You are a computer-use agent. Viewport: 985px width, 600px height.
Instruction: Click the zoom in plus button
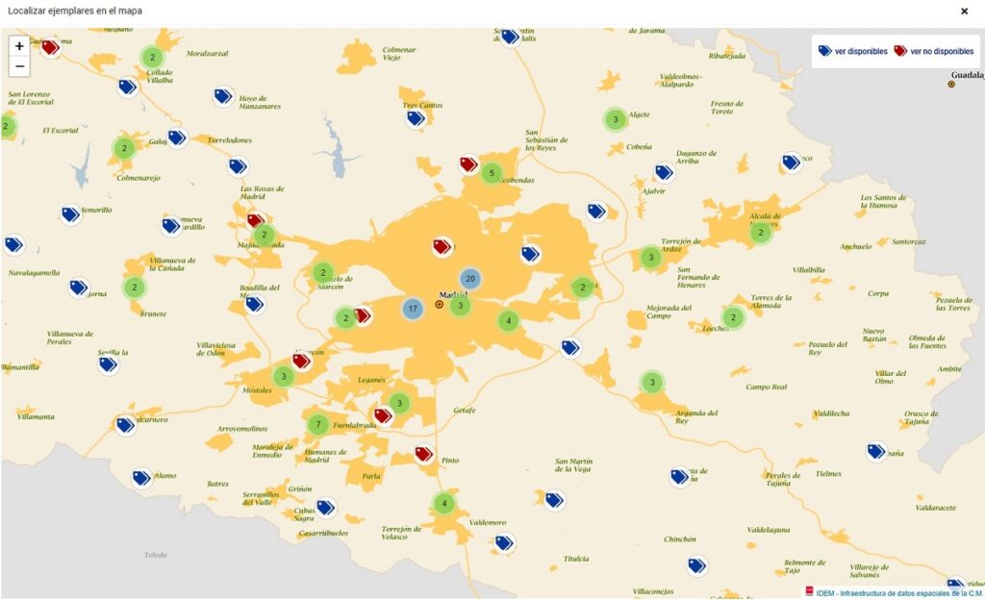pyautogui.click(x=19, y=45)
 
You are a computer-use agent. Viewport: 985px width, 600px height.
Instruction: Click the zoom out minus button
pyautogui.click(x=19, y=66)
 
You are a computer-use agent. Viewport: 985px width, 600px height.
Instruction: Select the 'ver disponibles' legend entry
pyautogui.click(x=853, y=51)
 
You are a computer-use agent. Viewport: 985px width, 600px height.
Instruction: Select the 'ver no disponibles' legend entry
pyautogui.click(x=934, y=51)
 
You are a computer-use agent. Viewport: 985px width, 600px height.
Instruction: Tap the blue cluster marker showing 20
pyautogui.click(x=469, y=279)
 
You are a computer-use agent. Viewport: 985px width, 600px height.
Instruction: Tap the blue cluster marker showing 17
pyautogui.click(x=412, y=309)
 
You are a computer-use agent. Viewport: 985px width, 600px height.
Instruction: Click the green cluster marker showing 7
pyautogui.click(x=317, y=424)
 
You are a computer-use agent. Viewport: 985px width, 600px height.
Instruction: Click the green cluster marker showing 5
pyautogui.click(x=492, y=174)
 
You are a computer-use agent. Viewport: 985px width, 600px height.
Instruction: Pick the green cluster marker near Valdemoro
pyautogui.click(x=443, y=502)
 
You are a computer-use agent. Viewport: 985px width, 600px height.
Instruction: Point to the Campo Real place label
pyautogui.click(x=767, y=387)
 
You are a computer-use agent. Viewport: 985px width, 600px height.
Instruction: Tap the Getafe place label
pyautogui.click(x=465, y=410)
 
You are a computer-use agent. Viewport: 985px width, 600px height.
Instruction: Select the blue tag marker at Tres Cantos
pyautogui.click(x=416, y=118)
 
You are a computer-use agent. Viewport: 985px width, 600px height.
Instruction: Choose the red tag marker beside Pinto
pyautogui.click(x=423, y=453)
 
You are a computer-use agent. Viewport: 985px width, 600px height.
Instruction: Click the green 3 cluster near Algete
pyautogui.click(x=615, y=120)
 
